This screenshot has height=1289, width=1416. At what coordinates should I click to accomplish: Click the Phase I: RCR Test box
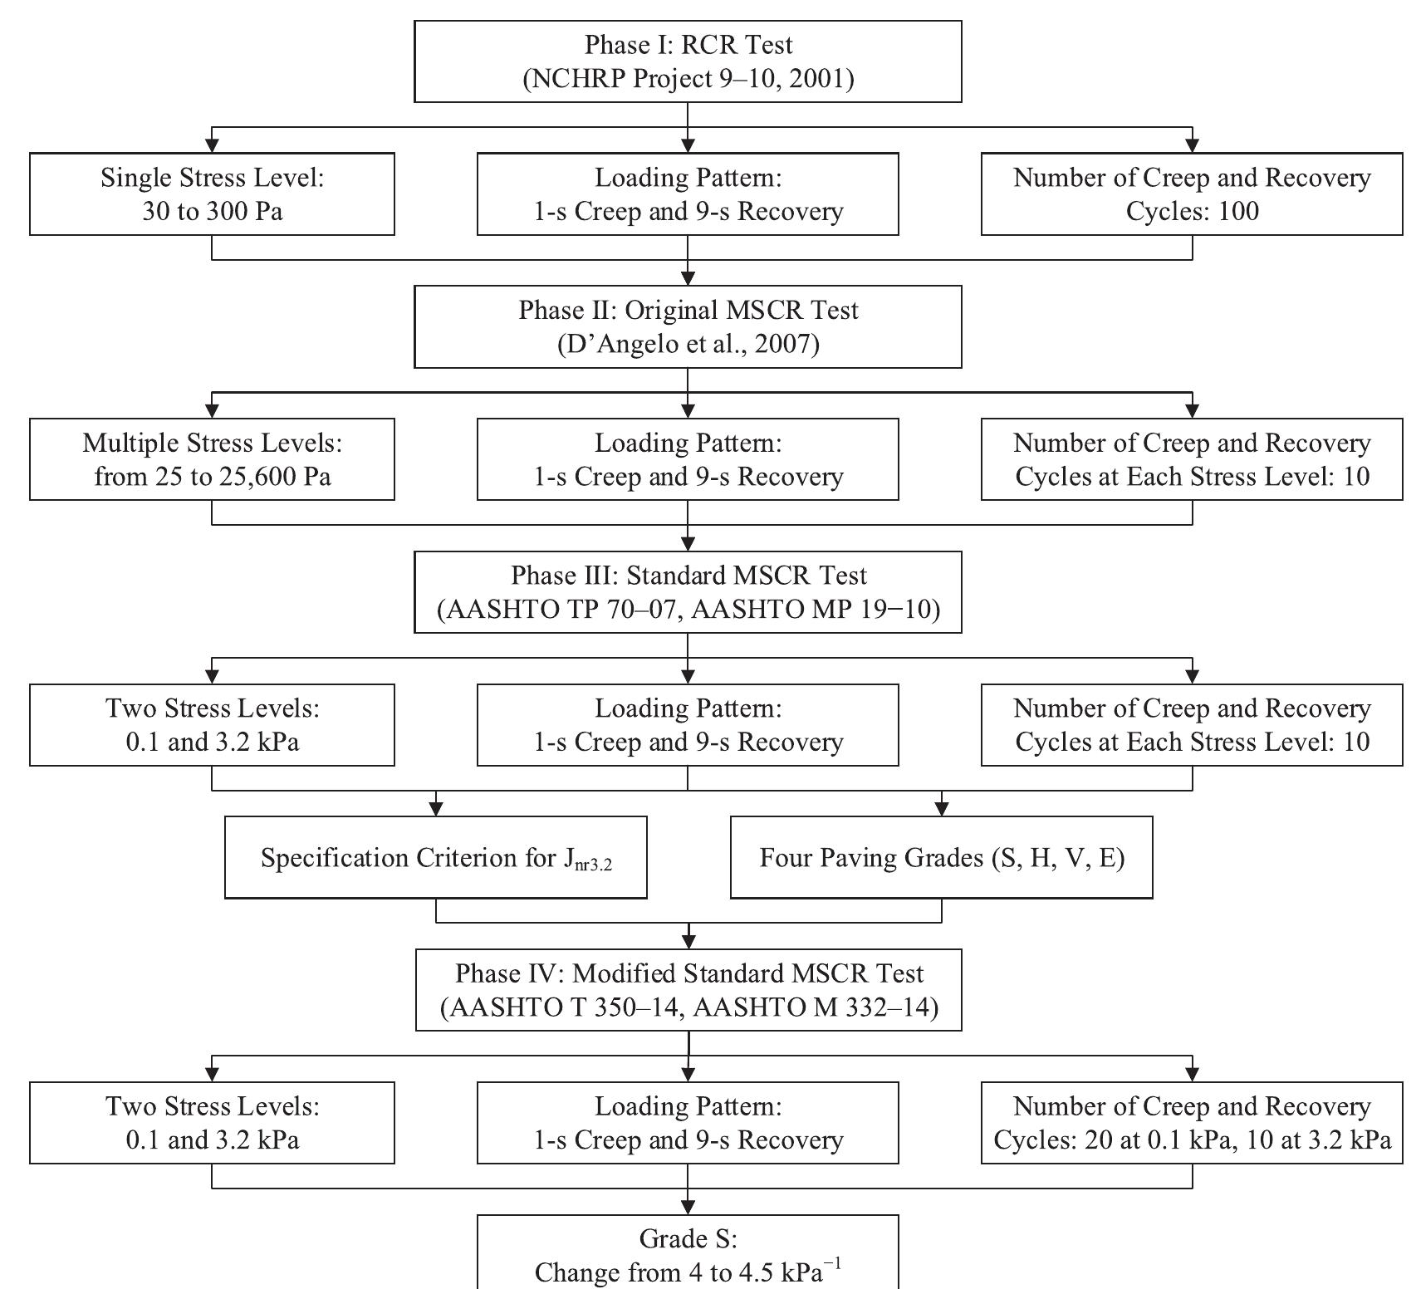(x=688, y=61)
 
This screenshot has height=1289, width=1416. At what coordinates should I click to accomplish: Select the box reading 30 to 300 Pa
(x=212, y=194)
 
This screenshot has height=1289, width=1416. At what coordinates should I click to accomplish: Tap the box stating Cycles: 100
(x=1192, y=194)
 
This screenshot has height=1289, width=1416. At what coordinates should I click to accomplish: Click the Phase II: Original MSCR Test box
(x=688, y=326)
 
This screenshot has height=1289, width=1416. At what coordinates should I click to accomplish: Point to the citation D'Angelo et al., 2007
(x=688, y=344)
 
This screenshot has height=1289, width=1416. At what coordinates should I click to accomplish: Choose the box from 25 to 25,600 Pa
(x=212, y=459)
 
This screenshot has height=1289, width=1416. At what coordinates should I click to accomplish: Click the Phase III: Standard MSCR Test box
(x=688, y=592)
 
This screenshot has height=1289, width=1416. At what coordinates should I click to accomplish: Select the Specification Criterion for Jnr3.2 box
(x=436, y=857)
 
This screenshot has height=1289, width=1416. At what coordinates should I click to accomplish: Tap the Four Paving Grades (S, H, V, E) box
(x=941, y=857)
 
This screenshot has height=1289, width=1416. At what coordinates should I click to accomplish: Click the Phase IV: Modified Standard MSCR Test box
(x=688, y=990)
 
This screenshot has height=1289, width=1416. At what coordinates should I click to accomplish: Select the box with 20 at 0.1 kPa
(x=1192, y=1123)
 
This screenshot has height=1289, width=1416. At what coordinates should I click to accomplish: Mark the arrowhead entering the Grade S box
(x=688, y=1207)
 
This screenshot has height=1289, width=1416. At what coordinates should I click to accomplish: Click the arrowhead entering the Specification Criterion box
(x=436, y=809)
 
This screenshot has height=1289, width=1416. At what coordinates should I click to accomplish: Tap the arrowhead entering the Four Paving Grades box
(x=941, y=809)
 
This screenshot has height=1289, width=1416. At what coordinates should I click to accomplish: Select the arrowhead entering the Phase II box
(x=688, y=278)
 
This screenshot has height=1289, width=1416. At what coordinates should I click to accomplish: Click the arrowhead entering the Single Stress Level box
(x=212, y=145)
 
